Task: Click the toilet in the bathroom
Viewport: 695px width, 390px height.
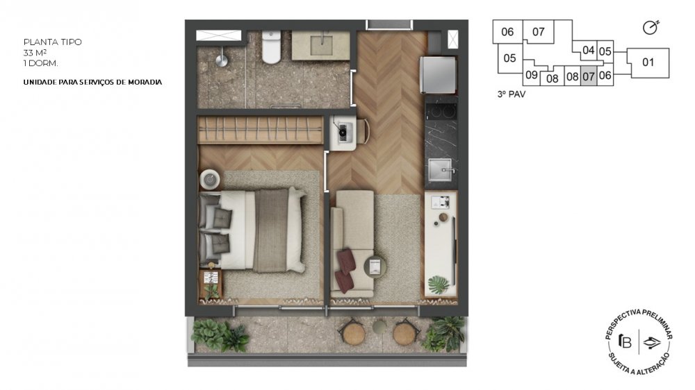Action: tap(271, 46)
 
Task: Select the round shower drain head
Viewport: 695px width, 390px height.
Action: tap(222, 60)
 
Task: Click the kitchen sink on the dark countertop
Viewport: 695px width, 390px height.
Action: tap(441, 171)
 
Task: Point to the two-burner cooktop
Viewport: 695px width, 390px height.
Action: tap(441, 110)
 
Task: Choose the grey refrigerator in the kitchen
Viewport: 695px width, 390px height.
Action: tap(438, 74)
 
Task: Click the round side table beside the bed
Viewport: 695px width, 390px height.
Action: tap(210, 180)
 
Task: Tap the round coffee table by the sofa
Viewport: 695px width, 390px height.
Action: tap(375, 266)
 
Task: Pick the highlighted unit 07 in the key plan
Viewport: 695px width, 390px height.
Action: tap(589, 76)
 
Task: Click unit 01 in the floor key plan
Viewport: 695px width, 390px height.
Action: tap(648, 62)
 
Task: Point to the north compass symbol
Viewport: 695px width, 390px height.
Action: tap(651, 28)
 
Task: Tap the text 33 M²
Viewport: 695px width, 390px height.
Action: tap(35, 53)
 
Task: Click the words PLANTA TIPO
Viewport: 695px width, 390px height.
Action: tap(52, 42)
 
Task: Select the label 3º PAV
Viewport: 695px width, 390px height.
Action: tap(511, 94)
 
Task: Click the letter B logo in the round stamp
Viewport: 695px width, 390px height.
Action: tap(625, 341)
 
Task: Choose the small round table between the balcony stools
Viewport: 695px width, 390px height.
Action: tap(379, 327)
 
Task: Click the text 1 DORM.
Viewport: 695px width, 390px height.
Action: tap(40, 63)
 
